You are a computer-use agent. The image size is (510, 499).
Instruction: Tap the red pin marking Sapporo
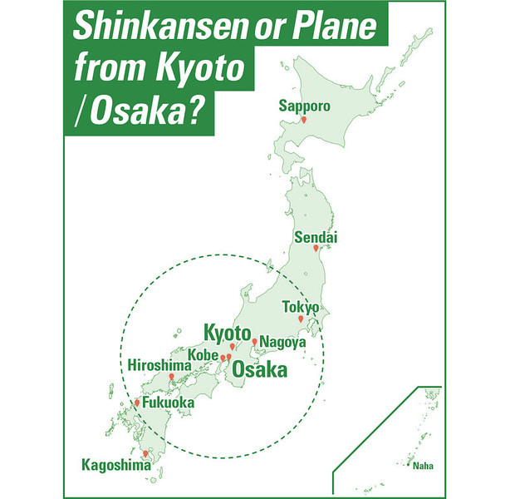pyautogui.click(x=304, y=121)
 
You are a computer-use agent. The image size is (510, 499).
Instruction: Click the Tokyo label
pyautogui.click(x=301, y=307)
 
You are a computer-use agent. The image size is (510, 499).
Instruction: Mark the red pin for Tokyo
pyautogui.click(x=301, y=319)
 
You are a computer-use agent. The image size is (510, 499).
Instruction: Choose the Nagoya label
pyautogui.click(x=283, y=342)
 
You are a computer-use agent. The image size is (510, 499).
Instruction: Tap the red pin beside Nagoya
pyautogui.click(x=254, y=341)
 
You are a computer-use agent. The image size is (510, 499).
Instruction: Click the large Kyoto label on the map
pyautogui.click(x=228, y=333)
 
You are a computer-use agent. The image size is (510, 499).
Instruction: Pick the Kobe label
pyautogui.click(x=204, y=355)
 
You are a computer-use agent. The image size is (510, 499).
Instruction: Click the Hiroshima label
pyautogui.click(x=159, y=365)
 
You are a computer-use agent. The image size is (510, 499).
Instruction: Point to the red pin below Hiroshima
pyautogui.click(x=173, y=378)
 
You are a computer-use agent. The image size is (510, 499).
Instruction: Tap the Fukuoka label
pyautogui.click(x=169, y=403)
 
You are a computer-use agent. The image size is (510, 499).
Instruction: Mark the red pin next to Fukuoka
pyautogui.click(x=138, y=403)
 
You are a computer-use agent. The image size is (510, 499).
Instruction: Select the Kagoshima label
pyautogui.click(x=115, y=466)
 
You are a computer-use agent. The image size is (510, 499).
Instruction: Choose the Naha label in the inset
pyautogui.click(x=423, y=467)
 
